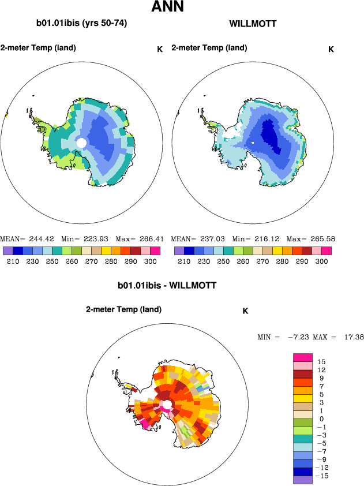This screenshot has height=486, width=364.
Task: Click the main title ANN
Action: [168, 8]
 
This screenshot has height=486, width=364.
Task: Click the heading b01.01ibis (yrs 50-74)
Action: [81, 24]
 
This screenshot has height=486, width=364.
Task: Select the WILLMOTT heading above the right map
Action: [253, 24]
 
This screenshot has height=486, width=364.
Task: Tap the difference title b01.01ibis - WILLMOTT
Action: [167, 285]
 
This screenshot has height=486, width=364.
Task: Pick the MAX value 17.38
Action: [352, 337]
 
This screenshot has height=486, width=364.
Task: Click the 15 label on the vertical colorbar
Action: [321, 361]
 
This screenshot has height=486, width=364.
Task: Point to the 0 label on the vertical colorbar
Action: [321, 418]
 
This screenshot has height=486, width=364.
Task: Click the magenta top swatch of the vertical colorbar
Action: [302, 357]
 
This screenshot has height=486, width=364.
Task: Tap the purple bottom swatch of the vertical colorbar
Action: [302, 479]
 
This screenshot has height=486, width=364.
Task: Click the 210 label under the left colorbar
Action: [12, 261]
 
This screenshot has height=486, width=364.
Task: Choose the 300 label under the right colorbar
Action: [322, 261]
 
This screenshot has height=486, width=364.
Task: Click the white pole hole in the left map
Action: [81, 142]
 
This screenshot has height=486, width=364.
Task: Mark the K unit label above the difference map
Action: [245, 311]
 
